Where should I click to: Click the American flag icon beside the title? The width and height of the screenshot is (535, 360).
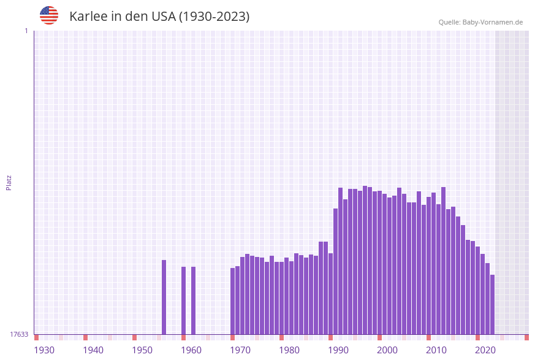pyautogui.click(x=49, y=15)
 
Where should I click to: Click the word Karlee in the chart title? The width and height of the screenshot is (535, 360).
pyautogui.click(x=88, y=17)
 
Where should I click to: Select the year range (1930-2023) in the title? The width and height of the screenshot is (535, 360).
pyautogui.click(x=214, y=17)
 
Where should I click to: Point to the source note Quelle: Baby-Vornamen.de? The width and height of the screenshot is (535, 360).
pyautogui.click(x=480, y=23)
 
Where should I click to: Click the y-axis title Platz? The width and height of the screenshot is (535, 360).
pyautogui.click(x=9, y=182)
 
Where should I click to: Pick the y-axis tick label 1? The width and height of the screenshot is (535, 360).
pyautogui.click(x=26, y=31)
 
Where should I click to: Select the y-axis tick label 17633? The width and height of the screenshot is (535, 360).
pyautogui.click(x=19, y=334)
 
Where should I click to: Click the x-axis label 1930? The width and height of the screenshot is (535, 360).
pyautogui.click(x=44, y=350)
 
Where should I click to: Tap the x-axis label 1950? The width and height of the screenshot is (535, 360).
pyautogui.click(x=142, y=350)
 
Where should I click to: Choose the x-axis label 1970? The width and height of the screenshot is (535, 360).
pyautogui.click(x=240, y=350)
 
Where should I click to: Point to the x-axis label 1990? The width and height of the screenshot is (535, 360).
pyautogui.click(x=338, y=350)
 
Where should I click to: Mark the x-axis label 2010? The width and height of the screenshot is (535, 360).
pyautogui.click(x=436, y=350)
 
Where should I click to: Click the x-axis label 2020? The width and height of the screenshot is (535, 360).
pyautogui.click(x=485, y=350)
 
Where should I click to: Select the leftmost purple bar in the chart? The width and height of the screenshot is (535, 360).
pyautogui.click(x=164, y=297)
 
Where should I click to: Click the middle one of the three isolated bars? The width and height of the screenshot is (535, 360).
pyautogui.click(x=183, y=301)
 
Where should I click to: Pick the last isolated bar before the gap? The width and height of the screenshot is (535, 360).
pyautogui.click(x=194, y=301)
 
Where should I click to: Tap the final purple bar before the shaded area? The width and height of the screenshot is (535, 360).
pyautogui.click(x=492, y=305)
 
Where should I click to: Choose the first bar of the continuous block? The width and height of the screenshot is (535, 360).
pyautogui.click(x=233, y=301)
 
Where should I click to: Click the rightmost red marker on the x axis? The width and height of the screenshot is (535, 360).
pyautogui.click(x=526, y=337)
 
